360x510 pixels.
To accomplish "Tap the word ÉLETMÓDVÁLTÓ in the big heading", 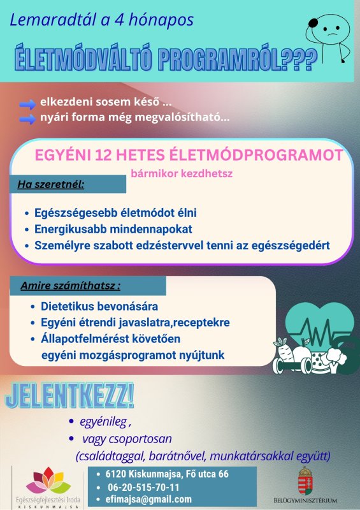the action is pos(83,60).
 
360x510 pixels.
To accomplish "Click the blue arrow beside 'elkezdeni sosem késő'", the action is pos(27,104).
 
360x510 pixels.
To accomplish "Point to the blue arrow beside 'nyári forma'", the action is pos(27,119).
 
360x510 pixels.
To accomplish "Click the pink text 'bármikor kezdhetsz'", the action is pos(182,173).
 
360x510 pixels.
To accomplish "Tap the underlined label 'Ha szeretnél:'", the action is pos(51,184).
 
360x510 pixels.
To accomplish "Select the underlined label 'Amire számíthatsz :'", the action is pos(71,286).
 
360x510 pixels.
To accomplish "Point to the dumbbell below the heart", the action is pos(292,365).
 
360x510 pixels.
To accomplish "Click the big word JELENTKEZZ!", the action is pos(69,395).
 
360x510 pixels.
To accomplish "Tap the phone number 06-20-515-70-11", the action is pos(143,487).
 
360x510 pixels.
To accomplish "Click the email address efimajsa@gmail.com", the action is pos(148,499).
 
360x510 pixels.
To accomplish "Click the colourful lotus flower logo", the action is pos(48,481).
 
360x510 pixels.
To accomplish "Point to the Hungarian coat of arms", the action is pos(305,481).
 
